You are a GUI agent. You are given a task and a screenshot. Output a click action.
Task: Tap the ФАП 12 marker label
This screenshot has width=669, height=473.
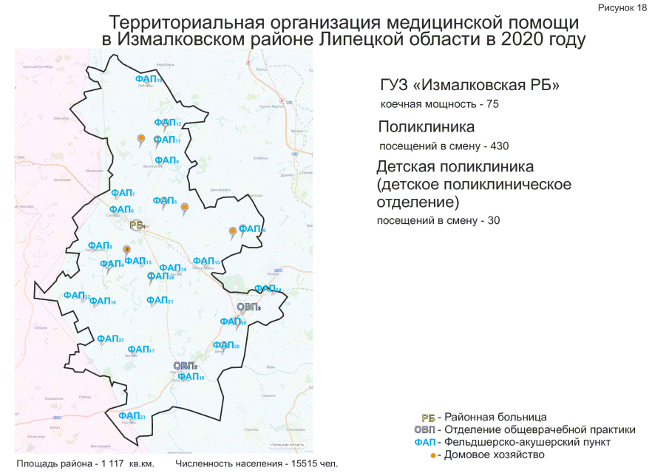pyautogui.click(x=168, y=123)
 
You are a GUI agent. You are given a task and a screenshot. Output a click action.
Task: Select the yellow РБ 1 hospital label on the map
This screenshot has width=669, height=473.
pyautogui.click(x=136, y=225)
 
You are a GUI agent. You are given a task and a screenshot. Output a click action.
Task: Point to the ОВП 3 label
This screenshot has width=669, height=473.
pyautogui.click(x=249, y=307)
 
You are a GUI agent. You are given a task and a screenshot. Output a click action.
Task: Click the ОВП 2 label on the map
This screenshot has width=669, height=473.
pyautogui.click(x=186, y=366)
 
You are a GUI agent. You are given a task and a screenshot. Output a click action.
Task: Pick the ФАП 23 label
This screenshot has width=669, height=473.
pyautogui.click(x=132, y=416)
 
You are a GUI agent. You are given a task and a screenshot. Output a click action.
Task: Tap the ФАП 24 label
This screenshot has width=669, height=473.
pyautogui.click(x=268, y=288)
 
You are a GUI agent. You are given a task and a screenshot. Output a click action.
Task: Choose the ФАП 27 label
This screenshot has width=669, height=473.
pyautogui.click(x=110, y=339)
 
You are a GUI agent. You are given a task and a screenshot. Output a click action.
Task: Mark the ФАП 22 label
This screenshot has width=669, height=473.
pyautogui.click(x=77, y=296)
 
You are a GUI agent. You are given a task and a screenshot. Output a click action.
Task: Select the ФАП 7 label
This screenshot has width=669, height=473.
pyautogui.click(x=123, y=193)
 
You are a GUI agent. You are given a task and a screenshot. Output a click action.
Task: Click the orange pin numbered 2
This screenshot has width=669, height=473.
pyautogui.click(x=126, y=250)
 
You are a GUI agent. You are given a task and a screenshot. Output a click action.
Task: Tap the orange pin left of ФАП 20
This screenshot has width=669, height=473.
pyautogui.click(x=233, y=231)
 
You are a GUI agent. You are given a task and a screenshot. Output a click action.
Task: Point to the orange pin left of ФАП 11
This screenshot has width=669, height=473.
pyautogui.click(x=140, y=138)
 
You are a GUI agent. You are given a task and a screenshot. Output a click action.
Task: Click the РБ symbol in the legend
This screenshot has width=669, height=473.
pyautogui.click(x=427, y=417)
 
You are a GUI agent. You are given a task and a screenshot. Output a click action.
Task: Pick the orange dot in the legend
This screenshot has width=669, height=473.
pyautogui.click(x=433, y=455)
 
